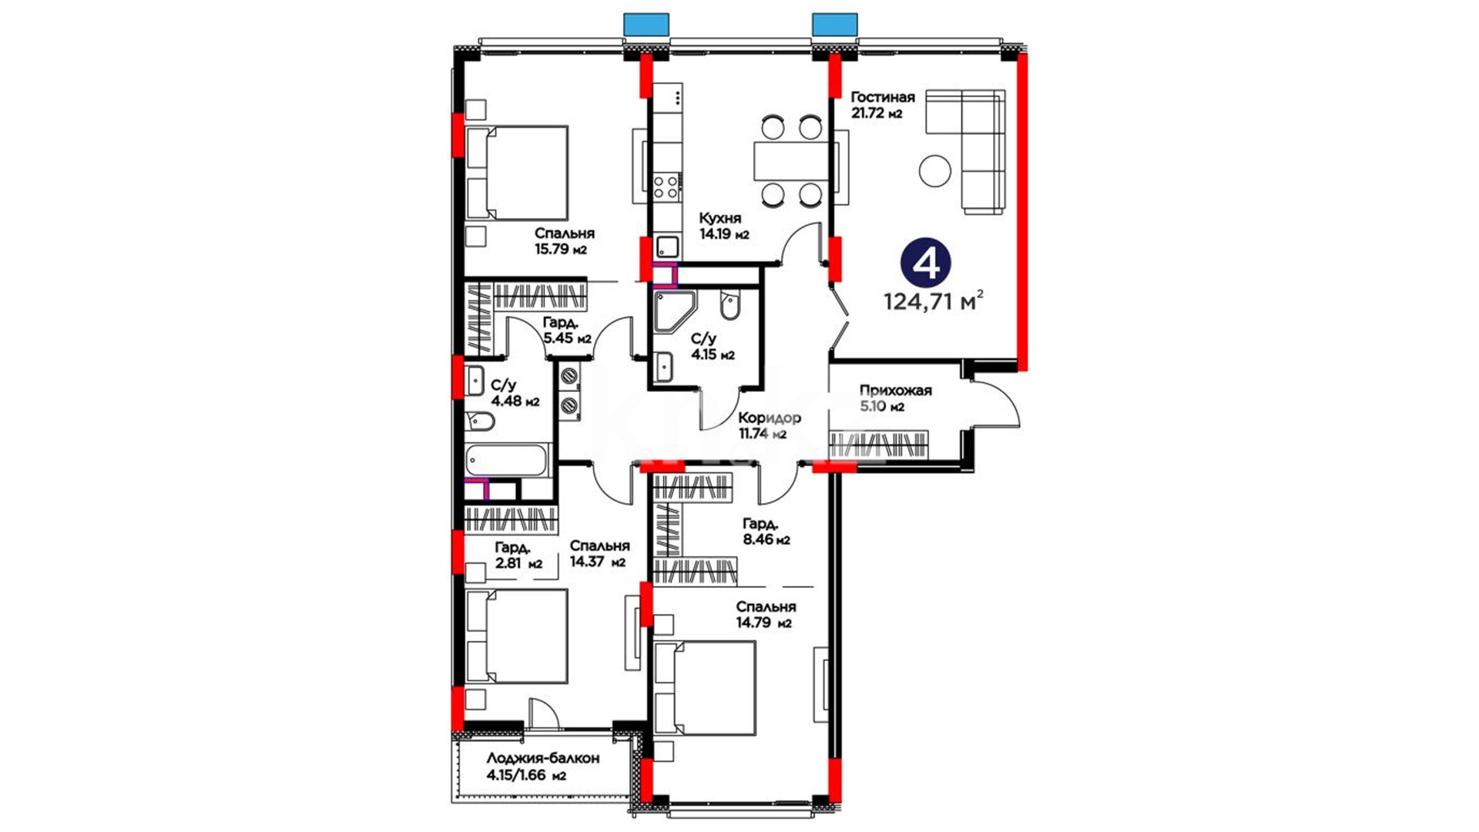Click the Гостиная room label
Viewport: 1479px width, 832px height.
point(882,97)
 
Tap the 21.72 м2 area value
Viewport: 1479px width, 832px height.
point(877,113)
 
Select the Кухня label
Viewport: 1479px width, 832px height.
point(720,218)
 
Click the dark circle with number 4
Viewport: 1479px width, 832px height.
point(926,263)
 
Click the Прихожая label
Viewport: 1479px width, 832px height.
point(896,391)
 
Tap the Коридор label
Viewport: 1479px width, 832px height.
point(770,418)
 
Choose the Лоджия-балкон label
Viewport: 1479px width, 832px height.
point(543,758)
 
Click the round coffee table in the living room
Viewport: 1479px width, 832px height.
point(935,170)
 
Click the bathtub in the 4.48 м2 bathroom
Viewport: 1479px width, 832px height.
point(507,460)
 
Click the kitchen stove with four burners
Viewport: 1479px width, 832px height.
point(666,187)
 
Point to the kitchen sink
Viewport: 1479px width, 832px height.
point(668,247)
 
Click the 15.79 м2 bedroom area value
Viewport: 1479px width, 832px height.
point(561,250)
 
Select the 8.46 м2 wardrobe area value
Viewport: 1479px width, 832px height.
point(766,540)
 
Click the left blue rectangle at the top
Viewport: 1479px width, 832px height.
point(646,24)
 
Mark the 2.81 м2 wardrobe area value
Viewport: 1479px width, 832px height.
point(518,564)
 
